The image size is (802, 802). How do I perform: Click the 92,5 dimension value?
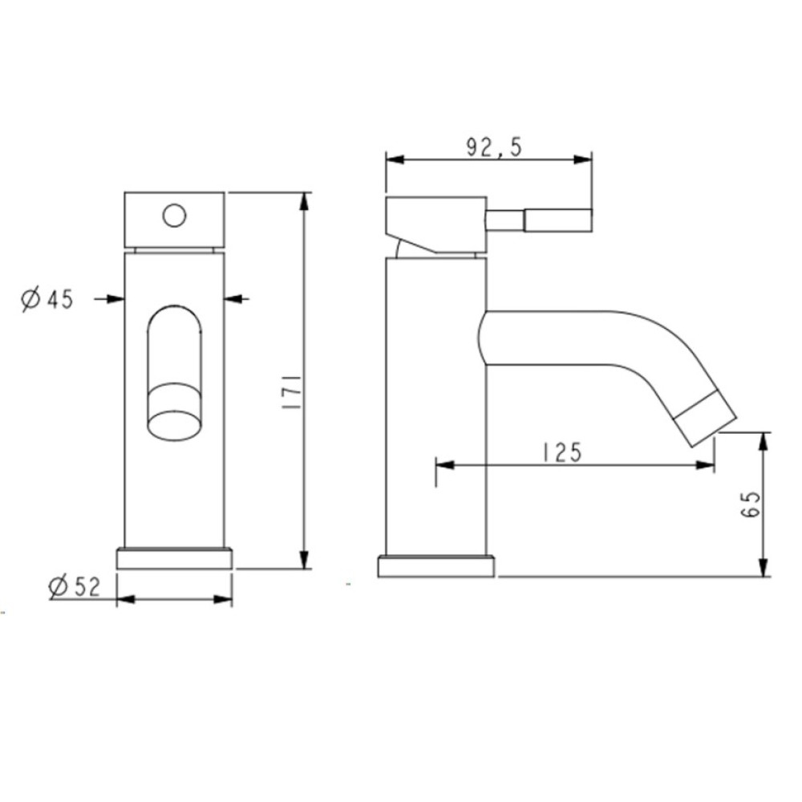click(x=493, y=148)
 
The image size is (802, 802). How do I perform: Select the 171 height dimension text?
click(x=290, y=392)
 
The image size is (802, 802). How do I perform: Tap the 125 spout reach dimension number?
click(x=562, y=452)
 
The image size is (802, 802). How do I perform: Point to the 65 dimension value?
click(x=751, y=504)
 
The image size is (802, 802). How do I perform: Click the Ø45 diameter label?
click(x=47, y=299)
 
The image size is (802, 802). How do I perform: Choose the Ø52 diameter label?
click(x=75, y=586)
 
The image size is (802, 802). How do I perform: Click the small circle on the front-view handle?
click(x=174, y=216)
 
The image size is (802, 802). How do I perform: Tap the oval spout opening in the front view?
click(x=174, y=425)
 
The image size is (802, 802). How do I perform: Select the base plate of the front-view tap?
click(x=174, y=558)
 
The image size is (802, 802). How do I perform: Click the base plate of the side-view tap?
click(x=435, y=567)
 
